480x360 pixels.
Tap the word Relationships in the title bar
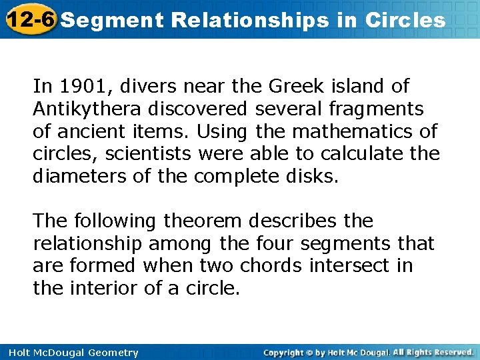(250, 20)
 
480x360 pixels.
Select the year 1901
(78, 86)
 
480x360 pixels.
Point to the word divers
(141, 86)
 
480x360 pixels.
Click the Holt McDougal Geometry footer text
(70, 353)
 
